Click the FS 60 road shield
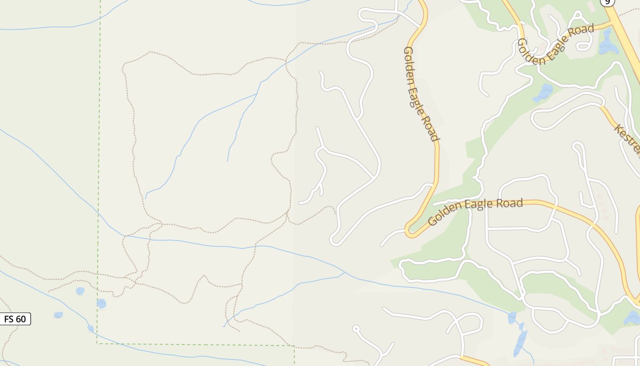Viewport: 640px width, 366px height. (16, 319)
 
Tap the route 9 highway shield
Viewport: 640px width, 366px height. (607, 2)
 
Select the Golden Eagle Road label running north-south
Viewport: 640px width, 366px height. (421, 94)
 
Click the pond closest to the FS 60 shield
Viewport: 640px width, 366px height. (58, 315)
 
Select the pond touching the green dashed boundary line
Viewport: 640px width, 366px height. (101, 303)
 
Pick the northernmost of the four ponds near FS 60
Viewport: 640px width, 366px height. (80, 291)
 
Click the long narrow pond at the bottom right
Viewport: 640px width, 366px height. (520, 343)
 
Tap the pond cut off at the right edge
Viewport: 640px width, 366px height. (633, 318)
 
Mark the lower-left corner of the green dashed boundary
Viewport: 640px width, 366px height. (97, 343)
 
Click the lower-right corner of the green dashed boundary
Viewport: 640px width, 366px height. (294, 345)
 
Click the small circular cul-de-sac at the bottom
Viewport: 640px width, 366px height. (356, 328)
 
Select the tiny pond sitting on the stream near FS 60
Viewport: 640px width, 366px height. (91, 328)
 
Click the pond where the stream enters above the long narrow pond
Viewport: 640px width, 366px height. (512, 317)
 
